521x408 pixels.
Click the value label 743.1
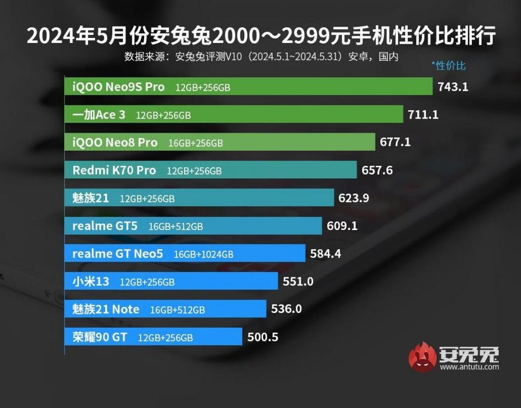(x=453, y=87)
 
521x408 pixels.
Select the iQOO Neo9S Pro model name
(x=118, y=87)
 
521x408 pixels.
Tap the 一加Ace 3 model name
(x=98, y=115)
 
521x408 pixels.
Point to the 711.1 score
(x=424, y=115)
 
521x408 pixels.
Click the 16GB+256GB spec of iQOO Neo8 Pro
(x=195, y=143)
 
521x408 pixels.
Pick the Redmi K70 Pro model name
(x=114, y=170)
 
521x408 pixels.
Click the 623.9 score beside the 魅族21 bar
(x=354, y=198)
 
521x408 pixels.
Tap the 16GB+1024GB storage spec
(x=204, y=254)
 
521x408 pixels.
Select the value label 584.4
(x=326, y=254)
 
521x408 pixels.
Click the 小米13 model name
(x=91, y=282)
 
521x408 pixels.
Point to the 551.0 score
(x=298, y=282)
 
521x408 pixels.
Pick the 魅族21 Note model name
(x=106, y=309)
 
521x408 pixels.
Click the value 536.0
(x=287, y=309)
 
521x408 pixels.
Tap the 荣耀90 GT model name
(x=100, y=337)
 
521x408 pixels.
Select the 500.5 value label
(x=262, y=337)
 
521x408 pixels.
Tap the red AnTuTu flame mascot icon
(x=422, y=357)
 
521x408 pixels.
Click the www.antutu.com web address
(x=469, y=367)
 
